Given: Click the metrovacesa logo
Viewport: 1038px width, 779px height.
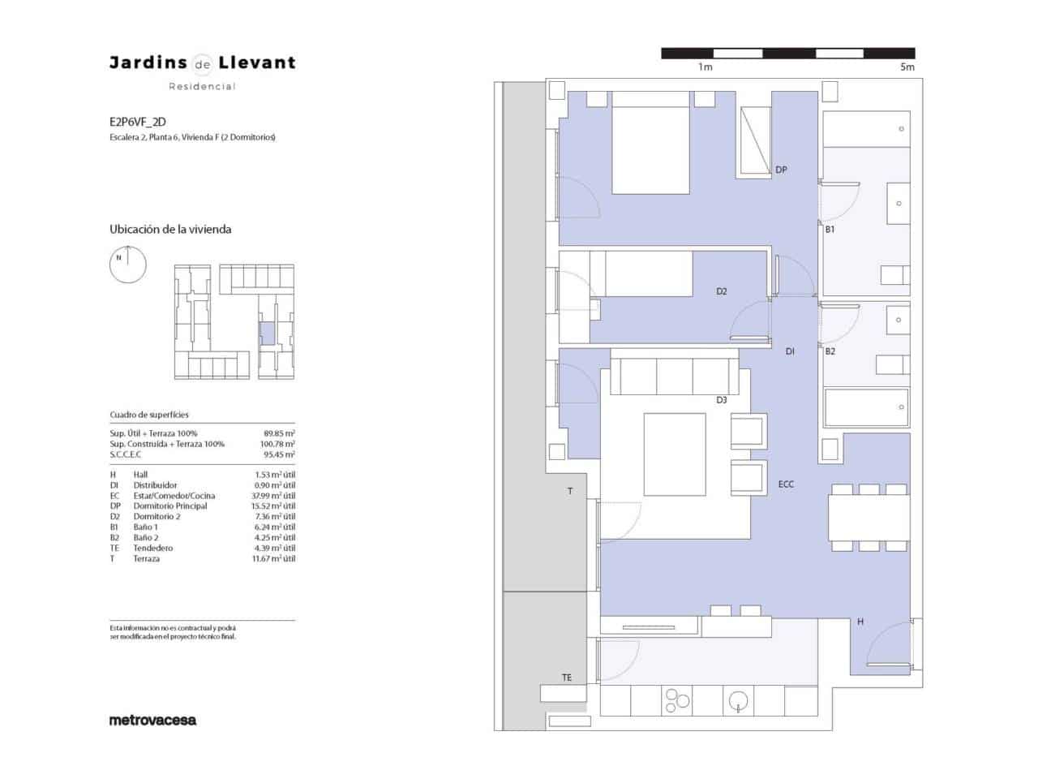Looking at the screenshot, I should click(x=152, y=720).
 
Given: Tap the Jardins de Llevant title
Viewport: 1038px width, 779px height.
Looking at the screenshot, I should click(x=202, y=62).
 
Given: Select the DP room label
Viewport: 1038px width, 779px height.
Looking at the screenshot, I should click(x=781, y=170).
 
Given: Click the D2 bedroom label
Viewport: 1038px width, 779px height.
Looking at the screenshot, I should click(x=721, y=291).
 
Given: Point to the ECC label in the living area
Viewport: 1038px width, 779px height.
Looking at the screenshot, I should click(x=786, y=484).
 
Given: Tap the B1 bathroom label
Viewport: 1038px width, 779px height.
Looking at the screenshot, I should click(x=830, y=230).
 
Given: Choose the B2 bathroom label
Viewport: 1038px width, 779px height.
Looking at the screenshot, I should click(x=830, y=351).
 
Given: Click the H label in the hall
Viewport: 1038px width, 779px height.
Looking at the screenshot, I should click(x=860, y=622).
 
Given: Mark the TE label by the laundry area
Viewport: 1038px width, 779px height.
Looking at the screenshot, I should click(x=567, y=678).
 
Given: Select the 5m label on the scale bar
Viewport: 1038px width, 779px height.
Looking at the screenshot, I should click(x=907, y=67).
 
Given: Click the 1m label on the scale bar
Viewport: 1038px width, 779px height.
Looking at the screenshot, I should click(x=705, y=67).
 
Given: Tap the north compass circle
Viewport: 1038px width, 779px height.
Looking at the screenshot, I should click(x=128, y=265).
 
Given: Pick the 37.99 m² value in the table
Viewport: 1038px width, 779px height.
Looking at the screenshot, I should click(x=273, y=496).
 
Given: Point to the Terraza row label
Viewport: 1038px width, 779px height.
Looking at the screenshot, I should click(x=146, y=559).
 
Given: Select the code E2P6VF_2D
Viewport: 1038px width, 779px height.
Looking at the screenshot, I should click(x=138, y=123).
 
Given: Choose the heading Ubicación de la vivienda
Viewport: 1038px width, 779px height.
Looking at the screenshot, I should click(x=170, y=230).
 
